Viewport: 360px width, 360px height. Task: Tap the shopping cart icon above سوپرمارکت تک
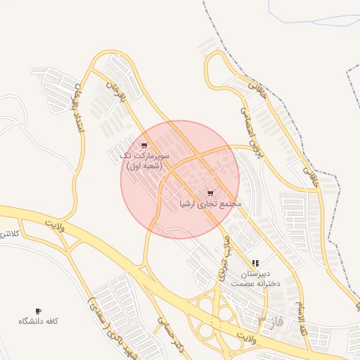(144, 146)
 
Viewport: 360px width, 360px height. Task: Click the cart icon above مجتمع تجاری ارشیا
(210, 193)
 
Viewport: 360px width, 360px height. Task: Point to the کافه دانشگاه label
(38, 321)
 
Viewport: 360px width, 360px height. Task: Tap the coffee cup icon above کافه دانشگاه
(38, 311)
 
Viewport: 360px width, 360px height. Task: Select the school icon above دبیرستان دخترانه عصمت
(255, 262)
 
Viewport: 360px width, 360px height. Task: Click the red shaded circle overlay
(179, 179)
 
